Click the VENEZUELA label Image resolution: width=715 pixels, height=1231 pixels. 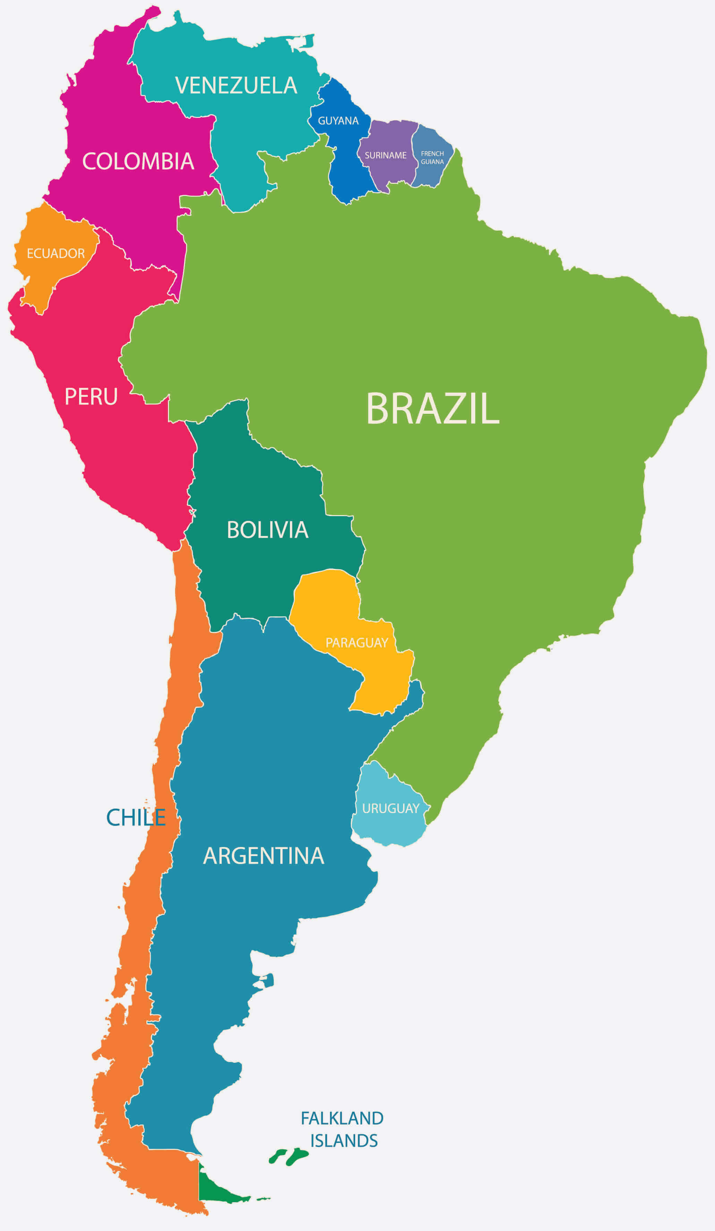(236, 85)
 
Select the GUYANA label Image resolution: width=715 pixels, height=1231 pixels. (338, 121)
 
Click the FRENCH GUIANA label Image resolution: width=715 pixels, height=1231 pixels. (432, 157)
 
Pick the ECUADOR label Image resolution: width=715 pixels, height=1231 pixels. (56, 254)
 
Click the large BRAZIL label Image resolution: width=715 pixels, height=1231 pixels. (433, 409)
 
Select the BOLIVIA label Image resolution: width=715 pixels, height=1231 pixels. (267, 530)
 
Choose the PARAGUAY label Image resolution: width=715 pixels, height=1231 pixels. (357, 643)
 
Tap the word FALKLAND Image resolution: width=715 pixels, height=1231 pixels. (342, 1118)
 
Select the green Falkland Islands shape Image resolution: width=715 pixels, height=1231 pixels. (295, 1157)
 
